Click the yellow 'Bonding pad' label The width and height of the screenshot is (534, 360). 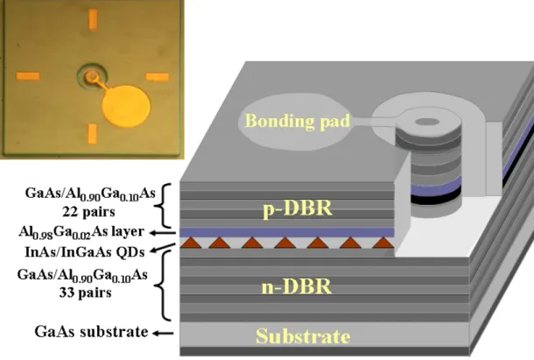(x=298, y=121)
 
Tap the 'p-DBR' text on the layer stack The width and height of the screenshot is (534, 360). (x=298, y=208)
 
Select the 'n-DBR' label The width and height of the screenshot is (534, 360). (x=297, y=286)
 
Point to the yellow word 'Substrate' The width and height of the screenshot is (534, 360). (x=303, y=335)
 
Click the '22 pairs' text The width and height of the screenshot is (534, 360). (x=88, y=212)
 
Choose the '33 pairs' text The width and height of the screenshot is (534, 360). (x=85, y=293)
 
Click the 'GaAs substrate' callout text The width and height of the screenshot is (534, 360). (x=91, y=332)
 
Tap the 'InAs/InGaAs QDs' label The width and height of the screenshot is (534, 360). (x=85, y=252)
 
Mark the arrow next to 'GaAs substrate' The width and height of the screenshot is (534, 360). (x=163, y=333)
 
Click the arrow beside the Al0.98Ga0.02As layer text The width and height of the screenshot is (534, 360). (x=163, y=233)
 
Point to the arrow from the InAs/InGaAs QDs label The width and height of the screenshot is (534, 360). (x=163, y=248)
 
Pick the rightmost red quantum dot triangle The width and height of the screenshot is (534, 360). (x=383, y=243)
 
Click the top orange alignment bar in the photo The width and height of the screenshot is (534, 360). (x=93, y=19)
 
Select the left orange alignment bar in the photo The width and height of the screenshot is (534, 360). (x=28, y=76)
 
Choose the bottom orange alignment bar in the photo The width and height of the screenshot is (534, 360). (x=93, y=134)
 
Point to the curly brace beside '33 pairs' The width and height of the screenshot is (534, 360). (x=164, y=286)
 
